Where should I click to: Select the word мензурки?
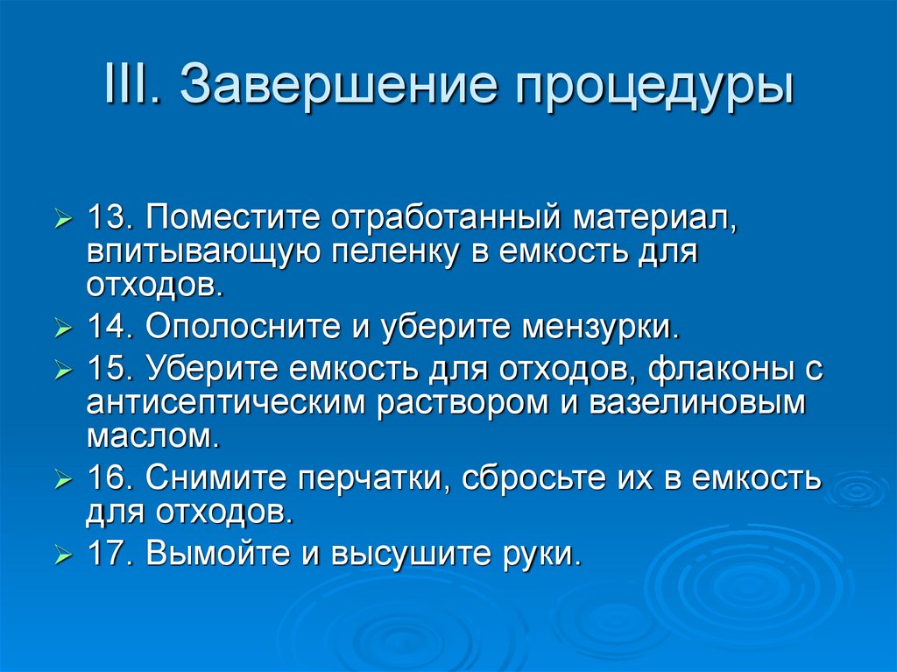tap(601, 327)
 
